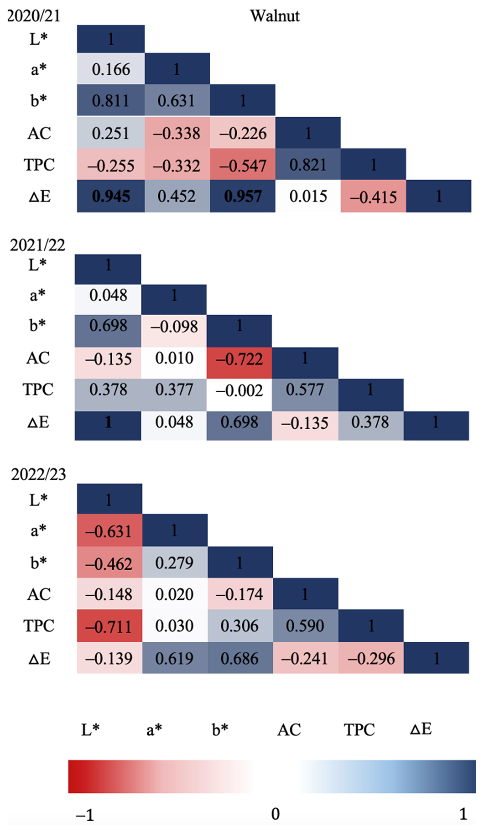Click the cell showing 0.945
click(111, 196)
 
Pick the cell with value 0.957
click(243, 196)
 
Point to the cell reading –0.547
click(243, 165)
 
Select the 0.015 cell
click(308, 196)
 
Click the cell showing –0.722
click(239, 359)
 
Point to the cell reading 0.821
click(308, 165)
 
